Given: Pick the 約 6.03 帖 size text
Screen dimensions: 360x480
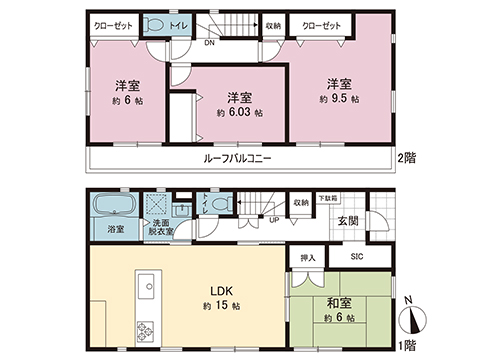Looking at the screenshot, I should [x=238, y=114].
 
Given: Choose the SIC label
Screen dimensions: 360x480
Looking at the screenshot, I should [x=356, y=257].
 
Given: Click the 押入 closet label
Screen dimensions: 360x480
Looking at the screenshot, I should [x=308, y=257].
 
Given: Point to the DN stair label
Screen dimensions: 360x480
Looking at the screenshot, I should [x=208, y=44].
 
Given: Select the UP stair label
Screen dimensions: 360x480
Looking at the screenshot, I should [x=274, y=220].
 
